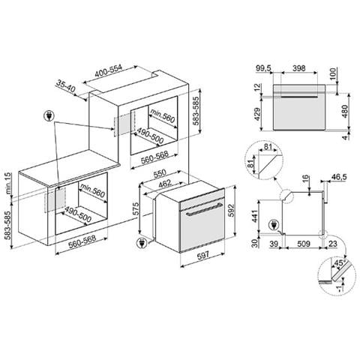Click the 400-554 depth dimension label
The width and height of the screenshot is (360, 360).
(118, 68)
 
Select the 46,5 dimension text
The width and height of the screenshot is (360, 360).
(338, 177)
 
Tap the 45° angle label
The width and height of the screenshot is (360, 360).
(340, 262)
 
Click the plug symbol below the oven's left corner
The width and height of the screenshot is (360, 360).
(142, 242)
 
